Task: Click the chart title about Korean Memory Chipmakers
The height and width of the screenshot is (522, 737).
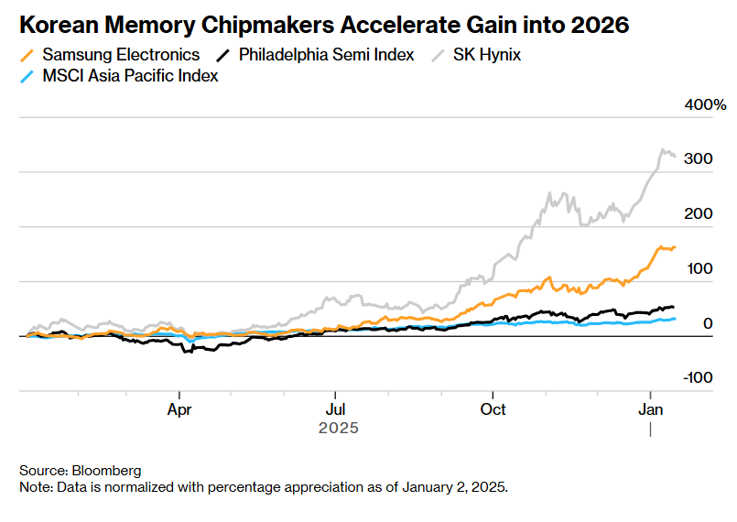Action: [324, 25]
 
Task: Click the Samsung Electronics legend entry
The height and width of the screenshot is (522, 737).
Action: [121, 55]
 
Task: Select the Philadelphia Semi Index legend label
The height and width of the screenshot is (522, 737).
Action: [326, 55]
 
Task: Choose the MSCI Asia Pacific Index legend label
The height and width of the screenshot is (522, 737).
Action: [130, 76]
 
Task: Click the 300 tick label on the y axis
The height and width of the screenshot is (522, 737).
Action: [698, 159]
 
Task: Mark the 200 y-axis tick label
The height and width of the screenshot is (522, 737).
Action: [698, 214]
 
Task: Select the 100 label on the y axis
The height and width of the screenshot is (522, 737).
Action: [698, 268]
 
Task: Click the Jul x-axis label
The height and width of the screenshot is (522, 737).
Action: [336, 408]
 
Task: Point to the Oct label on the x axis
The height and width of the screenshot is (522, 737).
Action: [493, 408]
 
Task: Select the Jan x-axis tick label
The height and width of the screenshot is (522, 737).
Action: [650, 408]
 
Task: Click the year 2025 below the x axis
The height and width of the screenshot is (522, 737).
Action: [338, 428]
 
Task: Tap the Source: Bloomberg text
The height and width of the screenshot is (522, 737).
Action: [81, 470]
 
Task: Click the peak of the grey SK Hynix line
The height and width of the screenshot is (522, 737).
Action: [661, 150]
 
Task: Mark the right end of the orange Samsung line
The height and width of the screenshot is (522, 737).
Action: [675, 247]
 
